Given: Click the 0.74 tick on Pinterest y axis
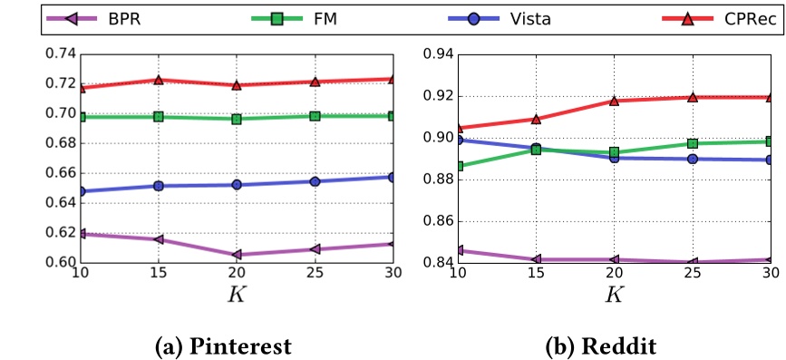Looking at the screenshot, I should (60, 54).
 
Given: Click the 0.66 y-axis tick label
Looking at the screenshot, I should (60, 173).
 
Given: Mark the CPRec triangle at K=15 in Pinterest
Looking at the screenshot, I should (159, 80).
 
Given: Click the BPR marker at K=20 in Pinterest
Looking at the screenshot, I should (237, 255).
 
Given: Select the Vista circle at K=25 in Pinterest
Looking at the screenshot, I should (315, 181).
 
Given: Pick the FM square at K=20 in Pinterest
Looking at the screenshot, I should (237, 119).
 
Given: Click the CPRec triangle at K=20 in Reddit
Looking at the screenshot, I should (614, 101).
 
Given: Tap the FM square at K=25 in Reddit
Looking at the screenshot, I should (692, 143).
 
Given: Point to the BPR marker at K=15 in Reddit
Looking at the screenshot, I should (536, 259).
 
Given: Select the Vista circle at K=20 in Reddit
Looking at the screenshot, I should (614, 158).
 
